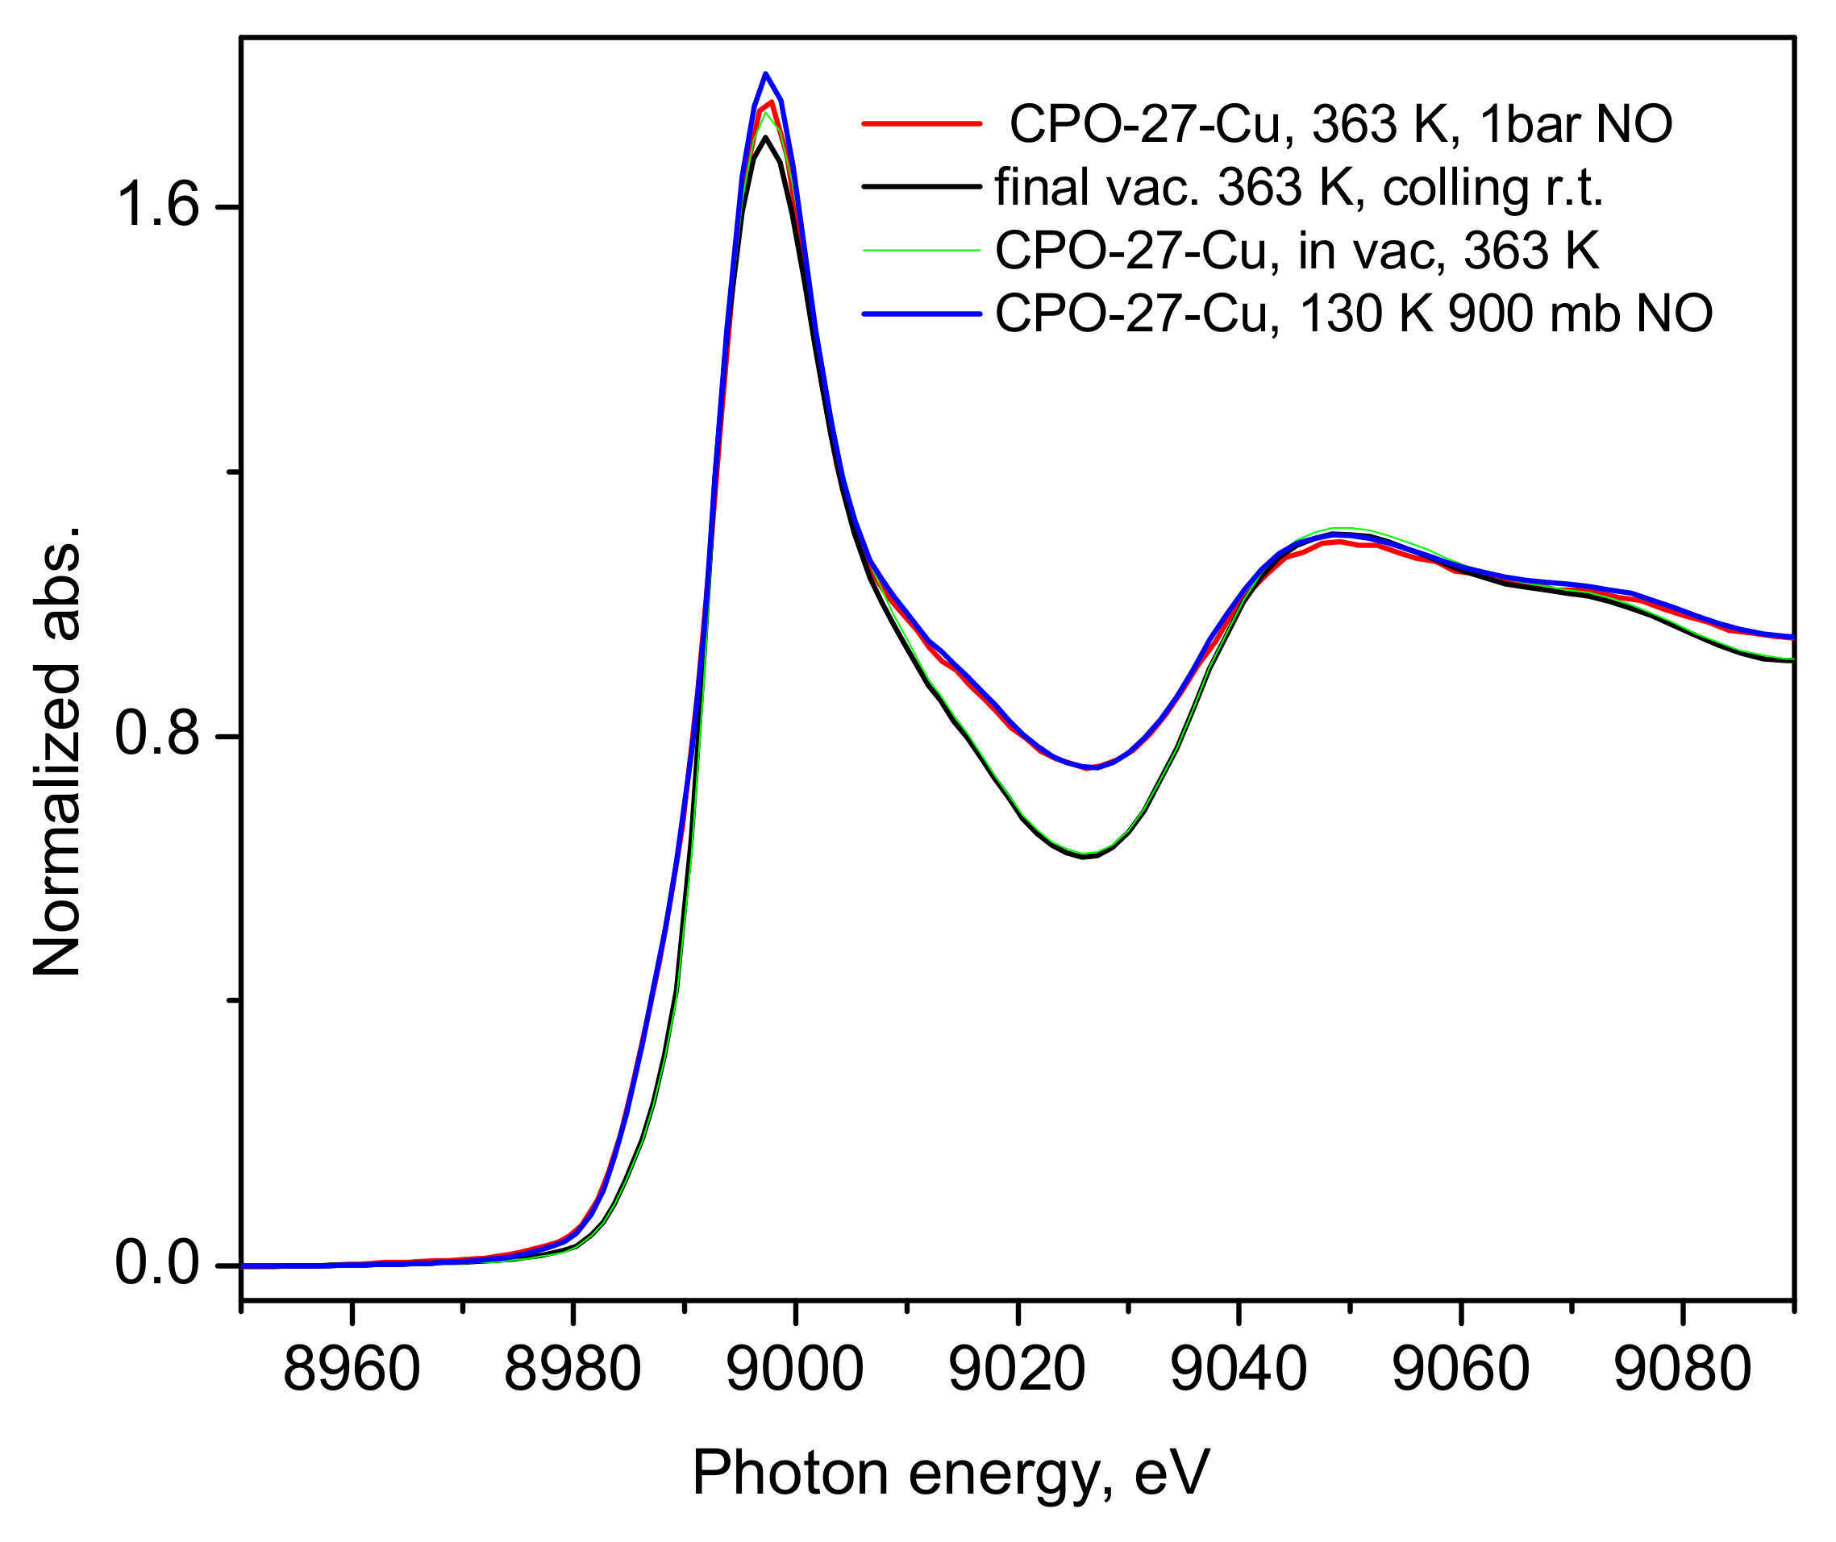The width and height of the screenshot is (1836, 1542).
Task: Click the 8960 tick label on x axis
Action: (352, 1370)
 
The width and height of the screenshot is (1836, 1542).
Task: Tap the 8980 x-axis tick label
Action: (572, 1370)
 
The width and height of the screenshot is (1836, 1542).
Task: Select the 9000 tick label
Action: (795, 1370)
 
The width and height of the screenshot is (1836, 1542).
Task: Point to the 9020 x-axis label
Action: (1017, 1370)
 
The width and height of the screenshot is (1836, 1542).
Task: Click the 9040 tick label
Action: (1238, 1370)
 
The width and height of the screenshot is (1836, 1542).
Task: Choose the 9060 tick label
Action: (1460, 1370)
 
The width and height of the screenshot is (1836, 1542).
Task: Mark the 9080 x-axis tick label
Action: (1682, 1370)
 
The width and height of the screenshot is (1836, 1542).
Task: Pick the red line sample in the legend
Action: (922, 124)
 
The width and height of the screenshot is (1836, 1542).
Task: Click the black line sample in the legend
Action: (922, 187)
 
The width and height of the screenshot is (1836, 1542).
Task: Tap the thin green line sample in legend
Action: (922, 250)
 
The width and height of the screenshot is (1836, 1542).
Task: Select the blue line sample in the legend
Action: (922, 313)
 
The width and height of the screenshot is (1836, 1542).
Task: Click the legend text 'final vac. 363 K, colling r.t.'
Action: (1299, 187)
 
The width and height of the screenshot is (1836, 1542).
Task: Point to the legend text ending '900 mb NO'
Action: (1353, 313)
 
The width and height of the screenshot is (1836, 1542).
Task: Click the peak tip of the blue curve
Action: (765, 73)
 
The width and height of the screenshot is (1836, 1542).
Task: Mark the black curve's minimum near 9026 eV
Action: (1083, 858)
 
